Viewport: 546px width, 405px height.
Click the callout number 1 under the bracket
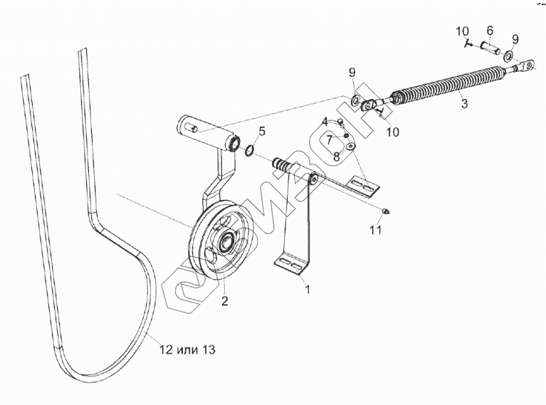(308, 290)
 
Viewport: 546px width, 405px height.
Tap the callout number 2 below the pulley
(224, 301)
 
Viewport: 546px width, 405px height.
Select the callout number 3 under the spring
(464, 104)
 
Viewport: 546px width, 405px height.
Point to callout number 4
(324, 121)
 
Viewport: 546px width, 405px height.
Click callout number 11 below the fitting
(376, 230)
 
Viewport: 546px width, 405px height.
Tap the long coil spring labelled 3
(448, 82)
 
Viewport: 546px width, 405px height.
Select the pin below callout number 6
(489, 50)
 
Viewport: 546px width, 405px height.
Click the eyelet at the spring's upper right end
(527, 67)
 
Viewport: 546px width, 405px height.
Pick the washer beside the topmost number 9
(510, 56)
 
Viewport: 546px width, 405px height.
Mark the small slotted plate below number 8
(364, 186)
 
